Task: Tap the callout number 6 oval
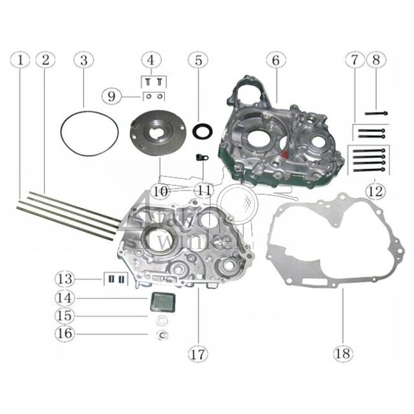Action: [x=275, y=60]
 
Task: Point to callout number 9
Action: [x=111, y=96]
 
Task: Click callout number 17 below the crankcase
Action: [x=198, y=351]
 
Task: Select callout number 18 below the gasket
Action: [x=342, y=351]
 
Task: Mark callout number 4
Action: [x=151, y=60]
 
